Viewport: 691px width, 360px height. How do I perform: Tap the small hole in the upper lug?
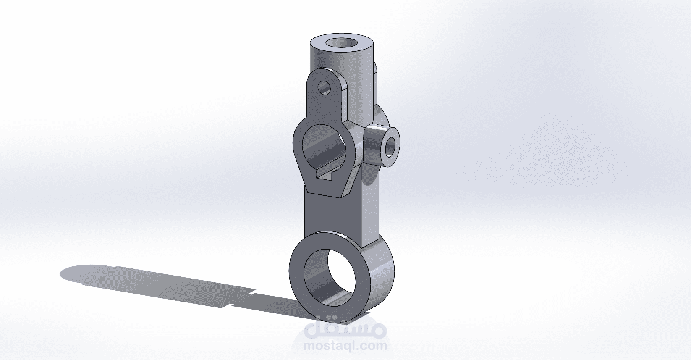[x=325, y=87]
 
